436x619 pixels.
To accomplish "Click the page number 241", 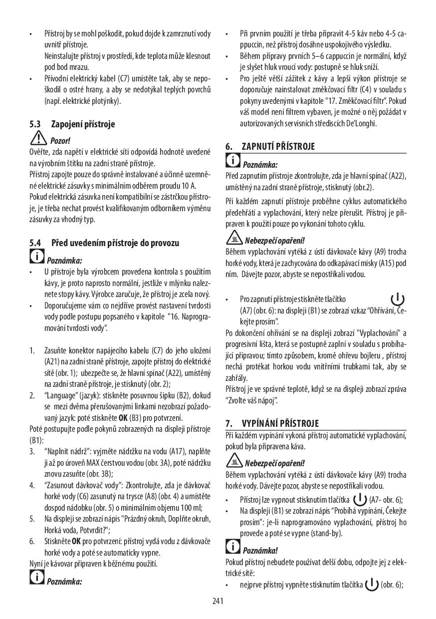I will click(x=218, y=601).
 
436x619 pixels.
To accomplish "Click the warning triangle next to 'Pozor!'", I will click(x=38, y=139).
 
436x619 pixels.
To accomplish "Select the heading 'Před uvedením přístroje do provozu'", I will click(x=115, y=243).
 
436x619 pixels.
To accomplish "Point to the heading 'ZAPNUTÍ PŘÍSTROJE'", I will click(x=278, y=147).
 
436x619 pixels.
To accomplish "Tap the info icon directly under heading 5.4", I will click(x=36, y=258).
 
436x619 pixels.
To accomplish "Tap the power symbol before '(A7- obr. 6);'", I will click(x=359, y=499).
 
